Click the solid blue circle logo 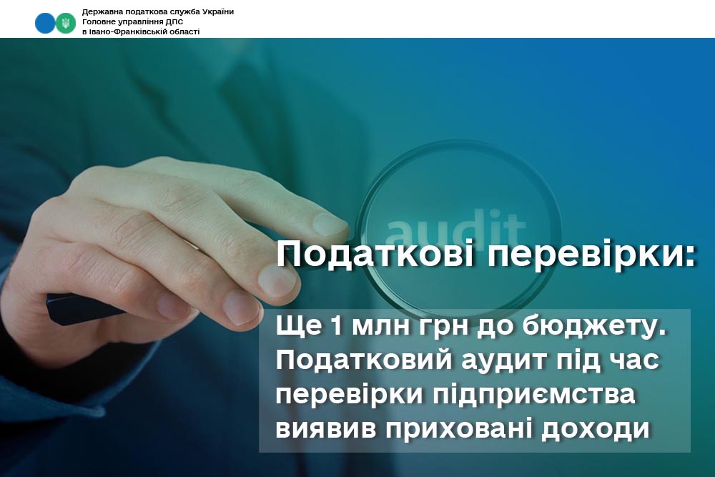click(x=44, y=23)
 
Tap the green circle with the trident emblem click(x=66, y=23)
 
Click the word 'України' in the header click(x=218, y=12)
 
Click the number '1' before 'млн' click(x=337, y=327)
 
